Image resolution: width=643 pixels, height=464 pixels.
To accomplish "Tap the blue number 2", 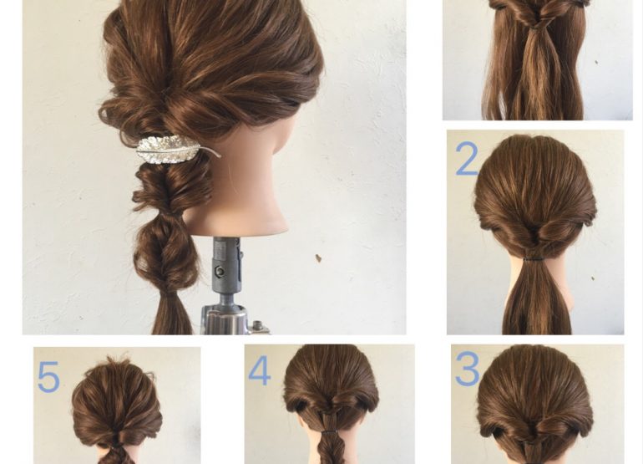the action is pyautogui.click(x=467, y=159).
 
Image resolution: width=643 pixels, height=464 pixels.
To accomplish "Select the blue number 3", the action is pyautogui.click(x=467, y=369).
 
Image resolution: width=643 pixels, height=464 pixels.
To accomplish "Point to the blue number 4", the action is pyautogui.click(x=260, y=370).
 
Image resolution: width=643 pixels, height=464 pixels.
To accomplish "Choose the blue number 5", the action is pyautogui.click(x=48, y=376).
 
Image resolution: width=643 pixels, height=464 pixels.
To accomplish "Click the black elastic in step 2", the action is pyautogui.click(x=534, y=259).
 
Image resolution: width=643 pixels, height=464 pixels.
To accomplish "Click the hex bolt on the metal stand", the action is pyautogui.click(x=220, y=271).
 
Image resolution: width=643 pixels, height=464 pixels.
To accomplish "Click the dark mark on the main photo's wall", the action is pyautogui.click(x=318, y=258).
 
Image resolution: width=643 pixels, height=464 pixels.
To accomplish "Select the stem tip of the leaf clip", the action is pyautogui.click(x=220, y=156).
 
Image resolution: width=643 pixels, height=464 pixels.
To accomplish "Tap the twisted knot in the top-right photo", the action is pyautogui.click(x=538, y=20).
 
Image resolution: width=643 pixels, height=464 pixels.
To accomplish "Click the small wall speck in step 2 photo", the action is pyautogui.click(x=593, y=278).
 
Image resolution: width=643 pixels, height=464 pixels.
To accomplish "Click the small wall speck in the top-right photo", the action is pyautogui.click(x=596, y=63).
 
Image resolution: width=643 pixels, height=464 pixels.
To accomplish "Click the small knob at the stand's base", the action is pyautogui.click(x=258, y=326).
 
